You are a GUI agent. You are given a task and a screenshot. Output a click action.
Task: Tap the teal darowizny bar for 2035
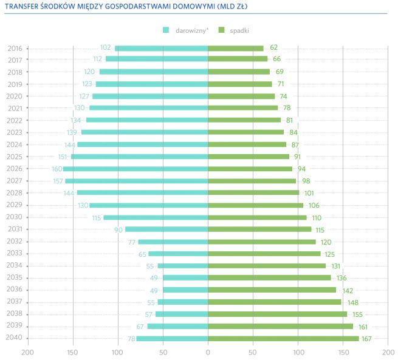coord(185,278)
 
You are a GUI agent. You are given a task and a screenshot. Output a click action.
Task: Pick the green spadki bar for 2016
coord(236,48)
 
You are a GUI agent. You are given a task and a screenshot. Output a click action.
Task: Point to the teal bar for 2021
coord(148,108)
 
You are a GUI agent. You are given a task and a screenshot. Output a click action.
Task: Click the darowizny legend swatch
coord(165,30)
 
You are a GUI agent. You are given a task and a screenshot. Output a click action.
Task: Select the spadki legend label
coord(239,30)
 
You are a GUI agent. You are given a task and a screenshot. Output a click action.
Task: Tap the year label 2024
coord(15,144)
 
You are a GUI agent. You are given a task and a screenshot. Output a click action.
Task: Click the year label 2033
coord(15,253)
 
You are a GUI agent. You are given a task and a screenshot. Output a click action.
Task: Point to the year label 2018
coord(15,72)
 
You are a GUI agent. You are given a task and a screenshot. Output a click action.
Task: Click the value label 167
coord(366,338)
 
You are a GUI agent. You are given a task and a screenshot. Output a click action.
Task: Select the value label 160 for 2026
coord(57,169)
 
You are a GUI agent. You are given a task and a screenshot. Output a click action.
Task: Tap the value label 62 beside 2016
coord(273,48)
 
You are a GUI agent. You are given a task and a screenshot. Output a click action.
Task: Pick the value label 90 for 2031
coord(118,229)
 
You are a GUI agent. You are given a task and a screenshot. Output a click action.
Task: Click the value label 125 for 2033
coord(329,253)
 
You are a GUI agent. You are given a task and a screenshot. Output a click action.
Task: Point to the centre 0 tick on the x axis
coord(208,351)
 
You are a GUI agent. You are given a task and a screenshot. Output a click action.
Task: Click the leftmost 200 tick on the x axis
coord(27,351)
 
